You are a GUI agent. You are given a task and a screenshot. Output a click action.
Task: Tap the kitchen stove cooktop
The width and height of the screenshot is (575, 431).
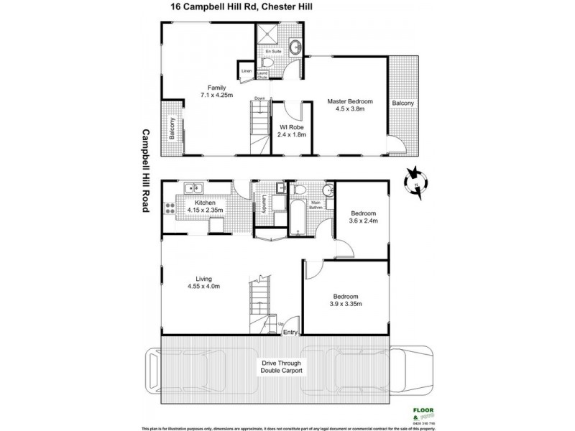[170, 209]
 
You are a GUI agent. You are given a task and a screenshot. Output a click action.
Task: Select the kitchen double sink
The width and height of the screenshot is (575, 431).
[193, 190]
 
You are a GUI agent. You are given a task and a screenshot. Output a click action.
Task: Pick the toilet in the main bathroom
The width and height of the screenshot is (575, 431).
[300, 190]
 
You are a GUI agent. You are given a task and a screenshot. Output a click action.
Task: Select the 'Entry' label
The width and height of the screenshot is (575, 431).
[290, 333]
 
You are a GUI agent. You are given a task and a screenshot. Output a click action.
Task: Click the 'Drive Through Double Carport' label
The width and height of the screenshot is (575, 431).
[282, 368]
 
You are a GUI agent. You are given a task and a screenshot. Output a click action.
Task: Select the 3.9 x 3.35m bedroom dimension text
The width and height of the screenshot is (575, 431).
[346, 304]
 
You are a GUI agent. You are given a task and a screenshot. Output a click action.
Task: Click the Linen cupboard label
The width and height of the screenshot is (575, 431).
[246, 71]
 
